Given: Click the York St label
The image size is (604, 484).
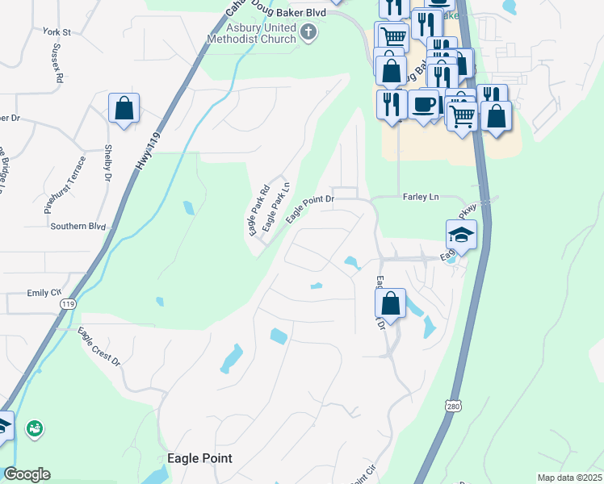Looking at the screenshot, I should pos(58,32).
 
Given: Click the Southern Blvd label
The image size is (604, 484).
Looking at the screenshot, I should pos(78,226).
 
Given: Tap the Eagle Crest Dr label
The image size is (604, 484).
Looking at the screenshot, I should pos(98,345).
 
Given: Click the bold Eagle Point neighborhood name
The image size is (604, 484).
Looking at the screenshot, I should pos(199,458).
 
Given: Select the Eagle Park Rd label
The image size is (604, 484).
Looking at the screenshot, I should pos(258,211).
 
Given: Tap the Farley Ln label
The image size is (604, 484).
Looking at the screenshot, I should pos(420,197).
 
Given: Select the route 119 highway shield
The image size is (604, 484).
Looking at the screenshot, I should pos(68,304).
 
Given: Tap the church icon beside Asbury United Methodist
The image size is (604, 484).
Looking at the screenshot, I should pos(308,32).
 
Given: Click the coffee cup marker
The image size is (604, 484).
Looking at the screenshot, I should pos(423,104).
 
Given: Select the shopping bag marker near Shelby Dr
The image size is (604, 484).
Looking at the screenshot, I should pos(124,108).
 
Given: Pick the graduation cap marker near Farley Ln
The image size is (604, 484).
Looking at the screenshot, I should pos(461,235).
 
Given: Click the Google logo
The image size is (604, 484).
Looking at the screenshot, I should pos(27,474).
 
